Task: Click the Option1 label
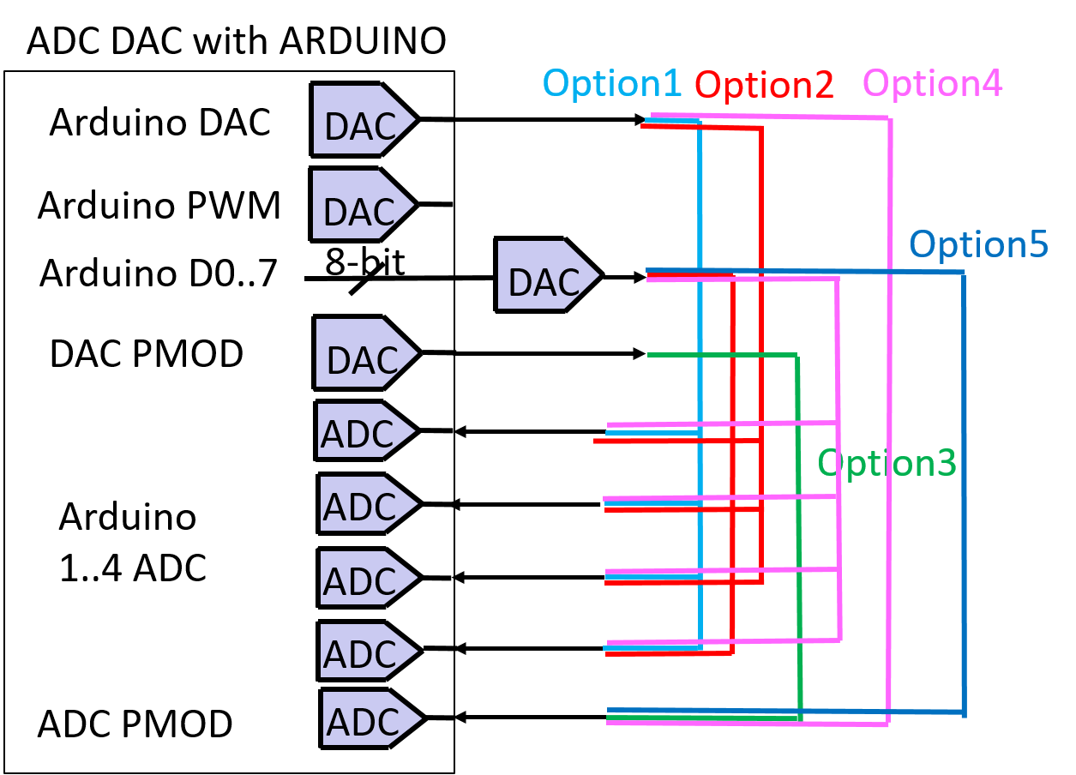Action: (612, 83)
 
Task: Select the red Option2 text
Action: (764, 85)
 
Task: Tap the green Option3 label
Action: (887, 463)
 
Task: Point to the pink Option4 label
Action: (932, 83)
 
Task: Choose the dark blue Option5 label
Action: (978, 244)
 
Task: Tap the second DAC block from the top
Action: (361, 205)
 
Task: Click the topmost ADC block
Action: (364, 430)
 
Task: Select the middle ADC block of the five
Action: (366, 578)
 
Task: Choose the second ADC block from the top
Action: (366, 503)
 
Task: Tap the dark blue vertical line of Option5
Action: (964, 489)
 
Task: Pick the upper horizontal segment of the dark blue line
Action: (806, 271)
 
